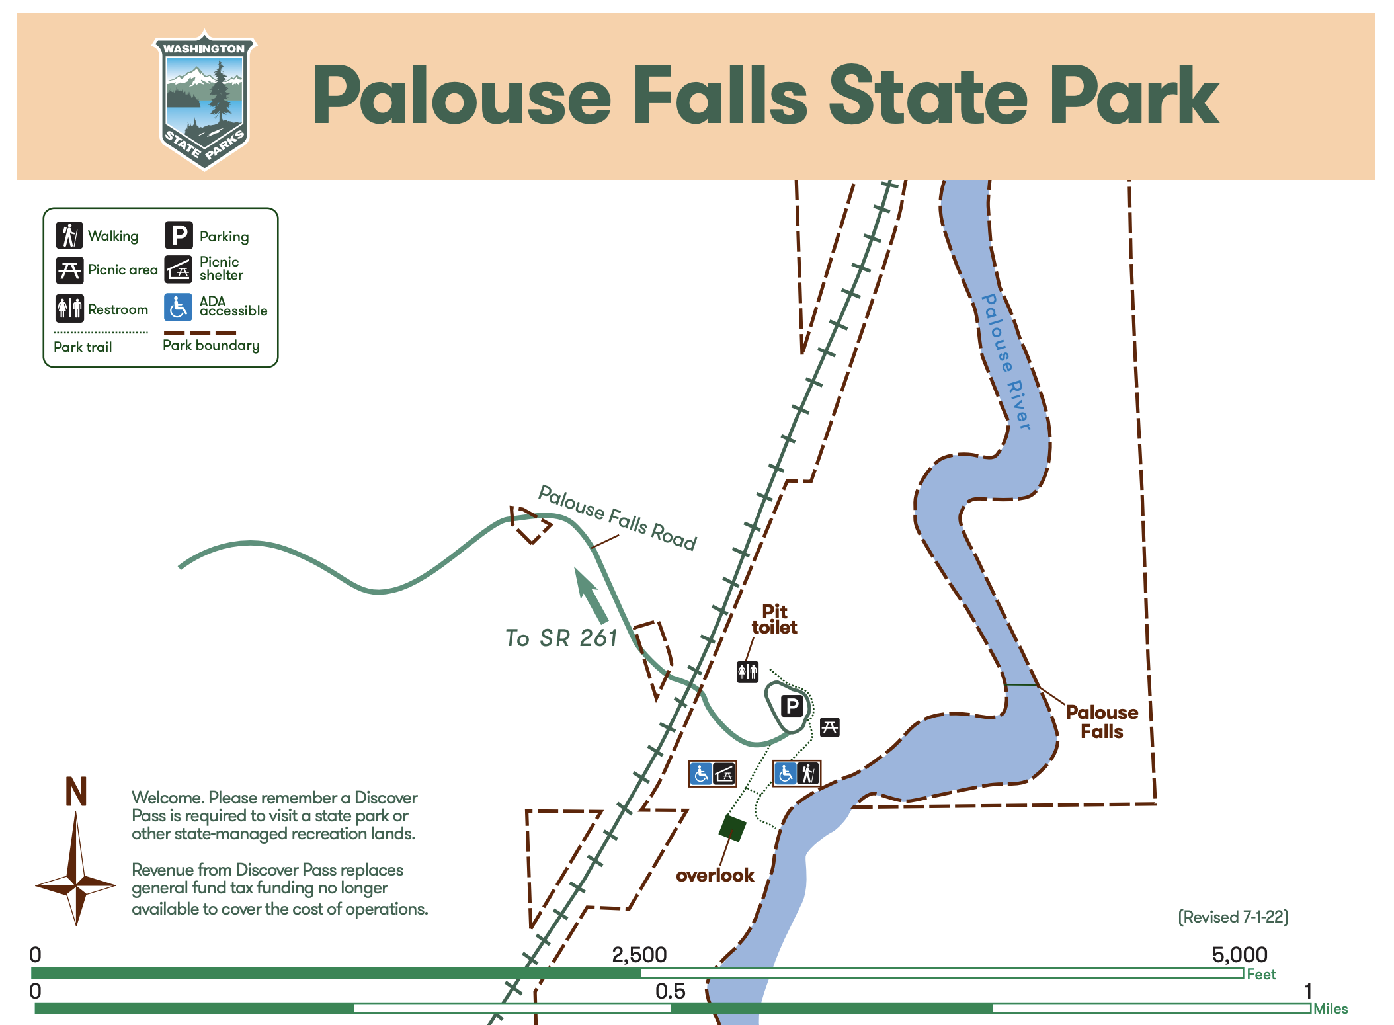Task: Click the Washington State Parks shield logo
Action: pos(204,99)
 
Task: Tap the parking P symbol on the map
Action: pos(792,706)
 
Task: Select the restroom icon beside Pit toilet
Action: pos(747,672)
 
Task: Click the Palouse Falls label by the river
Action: pos(1102,721)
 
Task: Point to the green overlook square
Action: pos(733,828)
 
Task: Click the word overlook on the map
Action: pos(715,875)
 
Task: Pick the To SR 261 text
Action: pos(561,638)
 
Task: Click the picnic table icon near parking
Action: pos(829,727)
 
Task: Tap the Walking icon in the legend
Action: pos(69,235)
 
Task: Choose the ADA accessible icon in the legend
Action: pos(178,307)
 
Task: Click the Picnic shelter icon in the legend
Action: pos(178,270)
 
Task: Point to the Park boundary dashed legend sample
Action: pos(200,333)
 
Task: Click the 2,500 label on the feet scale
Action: pos(639,954)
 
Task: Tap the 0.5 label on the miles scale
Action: pos(670,991)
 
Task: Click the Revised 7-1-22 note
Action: pos(1233,917)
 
